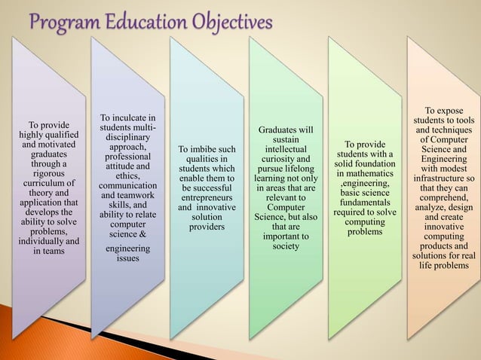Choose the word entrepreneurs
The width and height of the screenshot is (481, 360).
(x=206, y=194)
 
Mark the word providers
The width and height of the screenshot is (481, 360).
(x=207, y=227)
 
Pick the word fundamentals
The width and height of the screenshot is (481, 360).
(x=364, y=203)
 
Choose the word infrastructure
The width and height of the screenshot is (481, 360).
(x=440, y=179)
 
